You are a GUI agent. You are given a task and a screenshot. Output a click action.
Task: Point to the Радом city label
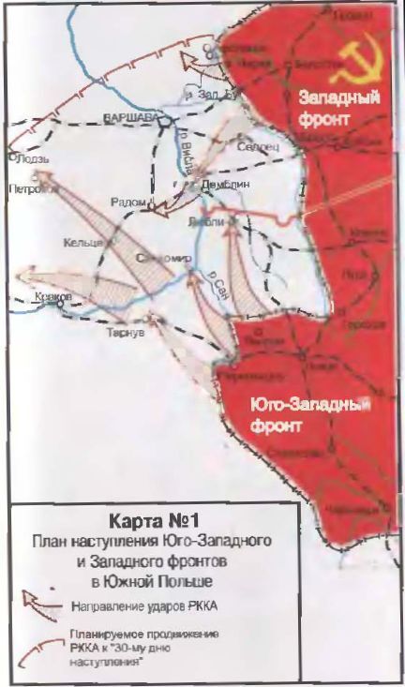pos(127,201)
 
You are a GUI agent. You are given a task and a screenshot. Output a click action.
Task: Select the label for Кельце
pos(82,243)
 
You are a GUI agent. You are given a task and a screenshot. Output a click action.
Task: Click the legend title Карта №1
pos(151,518)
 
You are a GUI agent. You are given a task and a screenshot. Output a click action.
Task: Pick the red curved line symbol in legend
pos(37,640)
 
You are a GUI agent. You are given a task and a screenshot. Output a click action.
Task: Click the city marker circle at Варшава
pos(164,122)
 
